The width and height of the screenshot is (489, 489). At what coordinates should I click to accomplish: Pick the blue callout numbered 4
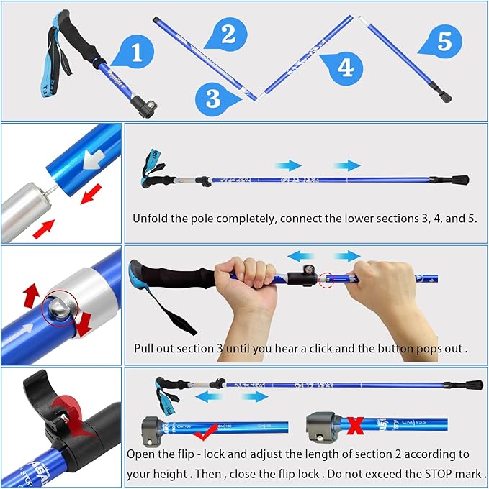click(x=345, y=68)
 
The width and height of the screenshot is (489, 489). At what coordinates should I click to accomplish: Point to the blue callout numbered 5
click(x=444, y=42)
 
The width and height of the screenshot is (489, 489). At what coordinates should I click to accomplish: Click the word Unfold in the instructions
click(x=151, y=218)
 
